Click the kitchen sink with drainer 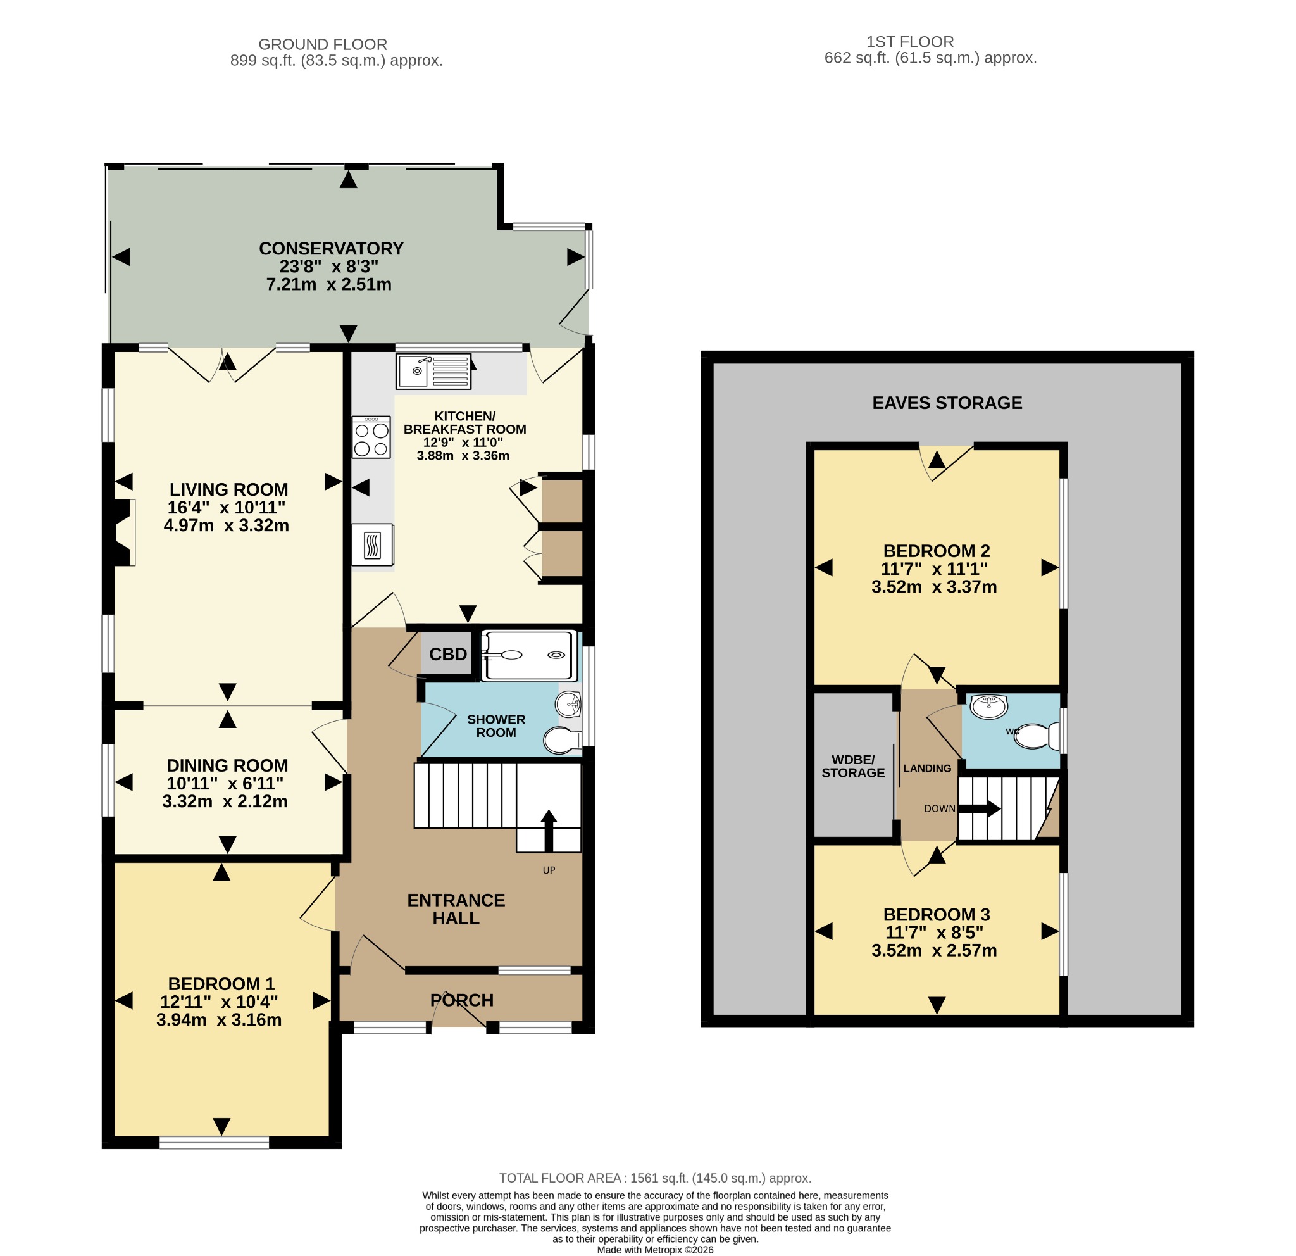[433, 371]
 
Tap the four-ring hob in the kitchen [371, 437]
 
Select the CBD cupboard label [448, 654]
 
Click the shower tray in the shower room [528, 656]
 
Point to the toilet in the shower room [562, 741]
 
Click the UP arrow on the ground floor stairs [549, 831]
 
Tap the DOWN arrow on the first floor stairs [979, 808]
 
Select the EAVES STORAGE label [947, 403]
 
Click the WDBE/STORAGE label [853, 766]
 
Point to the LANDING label [927, 768]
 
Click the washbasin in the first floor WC [988, 706]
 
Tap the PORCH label [461, 1000]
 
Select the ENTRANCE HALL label [456, 909]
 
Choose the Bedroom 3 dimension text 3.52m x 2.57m [933, 950]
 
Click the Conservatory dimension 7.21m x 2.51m [328, 284]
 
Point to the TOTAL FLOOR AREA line [654, 1178]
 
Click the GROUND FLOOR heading [323, 44]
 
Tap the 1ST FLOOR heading [910, 42]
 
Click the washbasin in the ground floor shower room [569, 705]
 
